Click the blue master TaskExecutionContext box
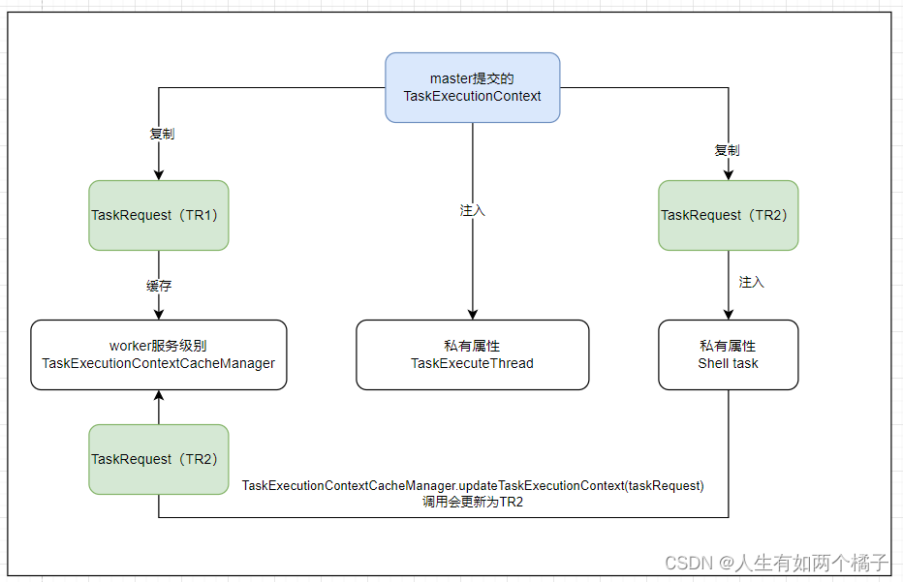pos(472,87)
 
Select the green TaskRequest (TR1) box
pos(159,215)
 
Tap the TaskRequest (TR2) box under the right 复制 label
pos(728,215)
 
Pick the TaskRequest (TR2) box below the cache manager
pos(159,459)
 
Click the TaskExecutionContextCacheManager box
pos(159,354)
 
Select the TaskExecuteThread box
pos(472,354)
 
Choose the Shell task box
pos(728,354)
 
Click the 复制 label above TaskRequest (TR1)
pos(162,134)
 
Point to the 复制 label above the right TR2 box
pos(727,150)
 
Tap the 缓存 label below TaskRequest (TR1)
pos(159,286)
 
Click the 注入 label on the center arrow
pos(472,210)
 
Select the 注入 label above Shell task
pos(751,282)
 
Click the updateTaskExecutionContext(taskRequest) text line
pos(473,485)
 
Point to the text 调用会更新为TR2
pos(473,502)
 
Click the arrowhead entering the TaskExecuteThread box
pos(473,315)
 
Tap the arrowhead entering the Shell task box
pos(728,315)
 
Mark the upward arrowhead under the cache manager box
pos(159,395)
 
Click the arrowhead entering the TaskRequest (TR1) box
pos(159,175)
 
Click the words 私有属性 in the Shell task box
pos(728,346)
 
